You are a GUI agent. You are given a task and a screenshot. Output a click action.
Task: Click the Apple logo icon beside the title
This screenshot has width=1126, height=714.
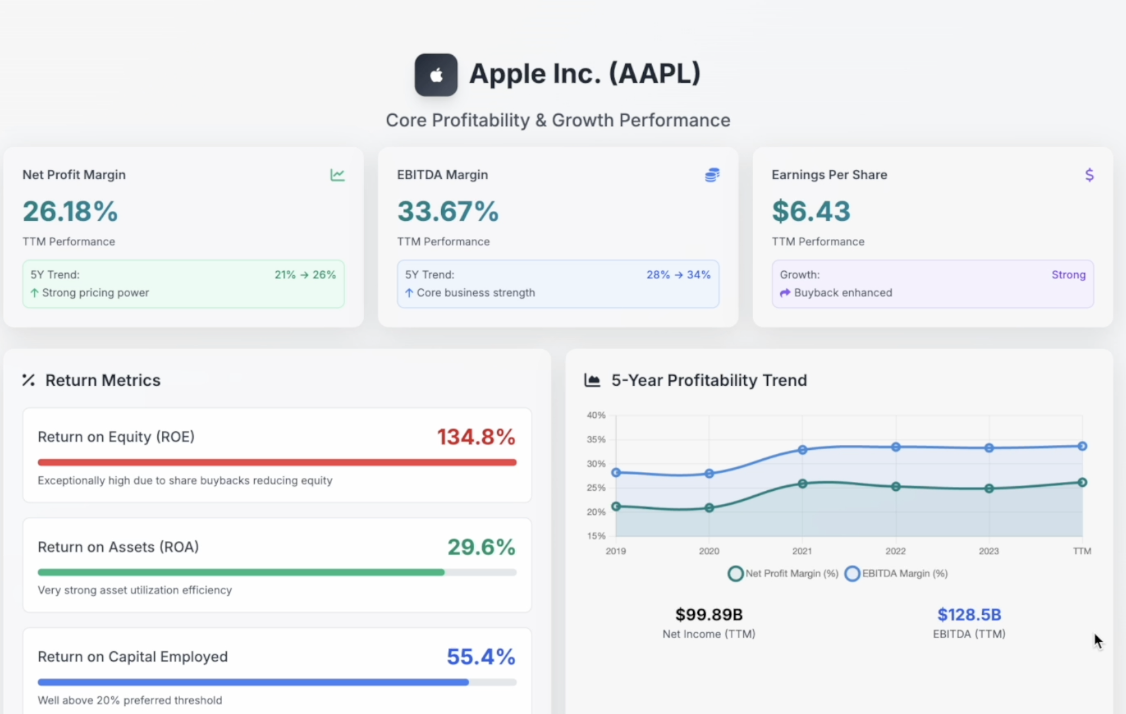435,75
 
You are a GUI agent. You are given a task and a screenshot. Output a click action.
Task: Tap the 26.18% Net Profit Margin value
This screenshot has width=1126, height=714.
70,211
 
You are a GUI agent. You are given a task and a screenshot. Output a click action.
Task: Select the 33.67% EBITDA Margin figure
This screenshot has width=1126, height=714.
448,211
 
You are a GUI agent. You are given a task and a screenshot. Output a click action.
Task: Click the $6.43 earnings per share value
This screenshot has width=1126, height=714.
811,211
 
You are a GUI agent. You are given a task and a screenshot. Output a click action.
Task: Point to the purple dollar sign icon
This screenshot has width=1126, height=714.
1089,175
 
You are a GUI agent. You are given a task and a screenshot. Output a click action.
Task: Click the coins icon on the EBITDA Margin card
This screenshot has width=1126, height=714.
712,175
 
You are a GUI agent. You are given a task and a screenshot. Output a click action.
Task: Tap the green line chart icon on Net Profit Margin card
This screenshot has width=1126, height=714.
337,175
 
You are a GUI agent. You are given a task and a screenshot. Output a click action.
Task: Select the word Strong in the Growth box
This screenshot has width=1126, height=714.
1068,275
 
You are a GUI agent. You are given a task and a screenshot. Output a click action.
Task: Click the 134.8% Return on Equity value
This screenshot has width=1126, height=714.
476,437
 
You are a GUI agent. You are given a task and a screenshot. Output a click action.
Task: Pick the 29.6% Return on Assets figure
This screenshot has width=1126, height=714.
481,547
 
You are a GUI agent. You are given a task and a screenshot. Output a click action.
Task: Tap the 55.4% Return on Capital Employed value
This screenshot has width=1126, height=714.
481,657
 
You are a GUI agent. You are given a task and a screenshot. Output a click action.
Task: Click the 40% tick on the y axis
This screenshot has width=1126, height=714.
596,416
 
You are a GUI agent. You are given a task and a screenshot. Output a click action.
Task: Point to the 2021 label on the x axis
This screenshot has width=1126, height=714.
802,551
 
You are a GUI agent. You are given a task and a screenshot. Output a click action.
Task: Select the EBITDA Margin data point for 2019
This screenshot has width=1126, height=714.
616,472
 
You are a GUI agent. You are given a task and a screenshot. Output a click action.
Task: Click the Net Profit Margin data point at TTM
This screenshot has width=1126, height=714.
1082,482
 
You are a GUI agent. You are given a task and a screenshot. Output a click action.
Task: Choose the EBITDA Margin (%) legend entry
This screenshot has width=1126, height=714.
896,573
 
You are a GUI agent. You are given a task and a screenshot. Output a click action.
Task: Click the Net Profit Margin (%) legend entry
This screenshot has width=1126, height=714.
783,573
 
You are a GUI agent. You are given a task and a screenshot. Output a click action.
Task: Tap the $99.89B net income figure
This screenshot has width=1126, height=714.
708,614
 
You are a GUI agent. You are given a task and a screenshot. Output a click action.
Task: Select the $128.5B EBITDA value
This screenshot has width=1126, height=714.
969,614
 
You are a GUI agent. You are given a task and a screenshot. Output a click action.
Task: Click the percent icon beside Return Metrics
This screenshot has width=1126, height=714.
28,380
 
